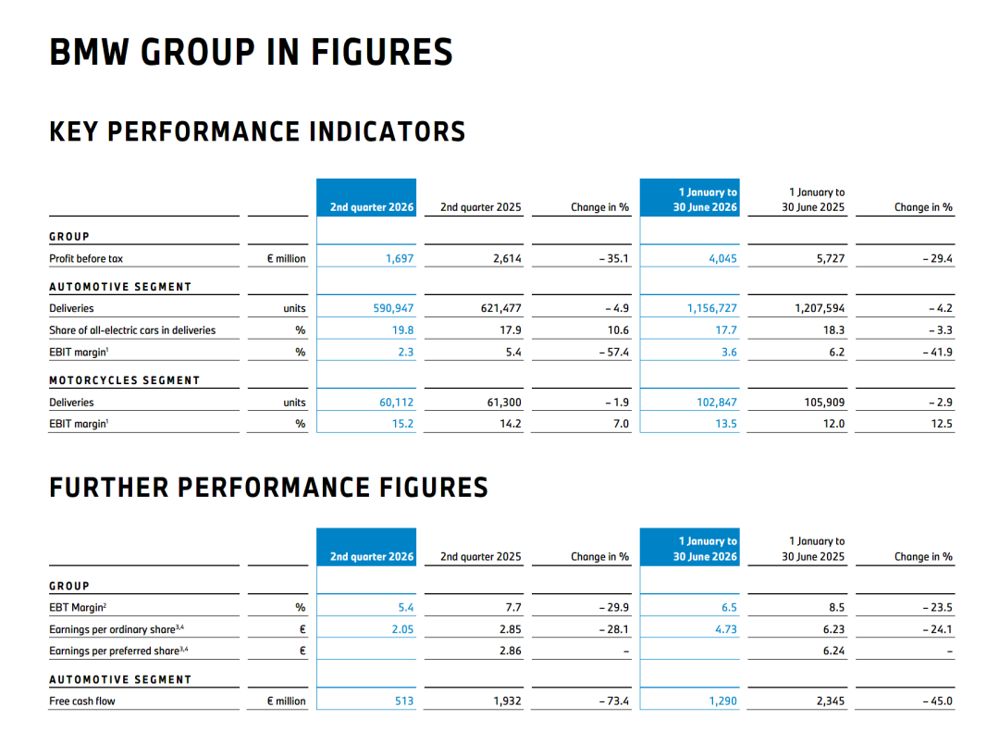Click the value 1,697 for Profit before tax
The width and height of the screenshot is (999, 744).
[x=400, y=258]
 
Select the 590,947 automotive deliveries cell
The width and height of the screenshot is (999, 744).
[x=393, y=308]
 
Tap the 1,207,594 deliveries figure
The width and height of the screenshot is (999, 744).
[x=820, y=308]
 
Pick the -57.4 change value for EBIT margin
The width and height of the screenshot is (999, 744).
[x=613, y=352]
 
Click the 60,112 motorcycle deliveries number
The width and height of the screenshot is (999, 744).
[x=396, y=403]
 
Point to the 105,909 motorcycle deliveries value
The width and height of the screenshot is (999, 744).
[x=824, y=403]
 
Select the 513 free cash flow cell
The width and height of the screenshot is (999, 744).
[x=404, y=701]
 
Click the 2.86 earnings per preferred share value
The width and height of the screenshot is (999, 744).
[x=511, y=651]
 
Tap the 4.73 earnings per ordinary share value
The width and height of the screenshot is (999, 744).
[x=726, y=629]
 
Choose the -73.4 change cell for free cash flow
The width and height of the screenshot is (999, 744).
[x=613, y=701]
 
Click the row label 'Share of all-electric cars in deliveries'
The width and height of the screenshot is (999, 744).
[x=132, y=330]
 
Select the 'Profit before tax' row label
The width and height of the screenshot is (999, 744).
[x=86, y=258]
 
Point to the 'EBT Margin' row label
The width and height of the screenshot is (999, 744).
[x=78, y=608]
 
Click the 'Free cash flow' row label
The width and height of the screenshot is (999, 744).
[x=82, y=701]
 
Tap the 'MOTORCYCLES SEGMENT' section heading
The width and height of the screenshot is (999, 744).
[x=125, y=380]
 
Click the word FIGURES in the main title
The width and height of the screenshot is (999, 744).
[x=382, y=52]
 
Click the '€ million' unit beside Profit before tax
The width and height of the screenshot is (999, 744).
[x=286, y=258]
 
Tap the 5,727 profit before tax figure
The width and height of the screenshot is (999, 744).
[x=830, y=258]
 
